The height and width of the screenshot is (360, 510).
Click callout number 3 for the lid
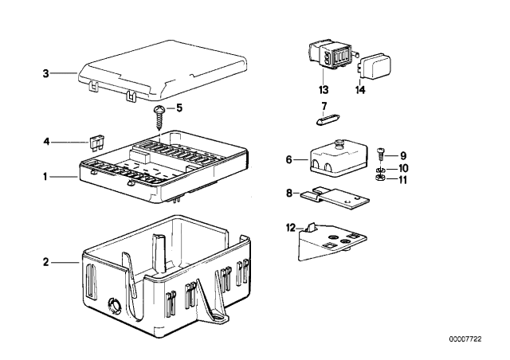(x=45, y=74)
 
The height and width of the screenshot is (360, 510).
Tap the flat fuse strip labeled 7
(x=325, y=121)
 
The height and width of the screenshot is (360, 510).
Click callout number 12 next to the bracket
(x=290, y=229)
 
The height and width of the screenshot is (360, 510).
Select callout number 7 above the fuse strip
(x=324, y=105)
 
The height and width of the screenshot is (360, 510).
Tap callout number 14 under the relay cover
(x=361, y=89)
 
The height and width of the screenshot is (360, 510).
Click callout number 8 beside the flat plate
(x=290, y=191)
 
